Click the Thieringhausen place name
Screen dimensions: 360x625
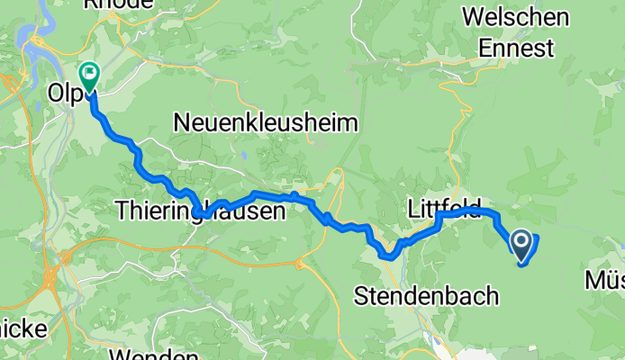point(200,211)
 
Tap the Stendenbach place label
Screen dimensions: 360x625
point(427,294)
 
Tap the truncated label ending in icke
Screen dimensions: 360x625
point(23,328)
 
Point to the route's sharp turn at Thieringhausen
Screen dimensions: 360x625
point(205,215)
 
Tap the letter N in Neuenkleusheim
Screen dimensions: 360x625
point(183,121)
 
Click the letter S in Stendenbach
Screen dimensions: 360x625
point(363,294)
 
